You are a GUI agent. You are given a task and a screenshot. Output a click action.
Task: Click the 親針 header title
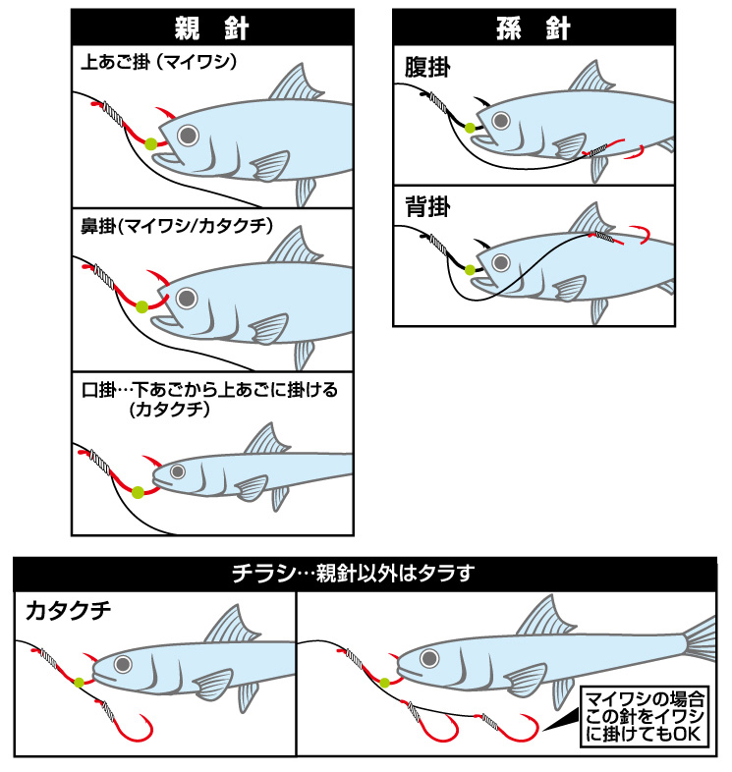[x=212, y=28]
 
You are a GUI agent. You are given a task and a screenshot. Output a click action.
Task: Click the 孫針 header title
[x=534, y=28]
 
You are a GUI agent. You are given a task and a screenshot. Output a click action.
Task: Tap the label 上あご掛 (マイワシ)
[x=158, y=62]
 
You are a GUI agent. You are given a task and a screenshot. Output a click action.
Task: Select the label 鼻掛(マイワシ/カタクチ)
[x=177, y=226]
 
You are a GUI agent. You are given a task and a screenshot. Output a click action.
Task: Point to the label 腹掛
[x=427, y=68]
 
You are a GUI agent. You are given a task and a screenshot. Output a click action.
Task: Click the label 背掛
[x=427, y=206]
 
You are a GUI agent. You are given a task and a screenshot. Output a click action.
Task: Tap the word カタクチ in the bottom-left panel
[x=69, y=611]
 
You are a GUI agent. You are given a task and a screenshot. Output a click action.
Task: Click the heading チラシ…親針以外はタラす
[x=353, y=573]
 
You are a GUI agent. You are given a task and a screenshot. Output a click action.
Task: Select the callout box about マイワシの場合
[x=645, y=716]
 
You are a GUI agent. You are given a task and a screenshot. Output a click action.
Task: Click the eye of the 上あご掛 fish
[x=189, y=135]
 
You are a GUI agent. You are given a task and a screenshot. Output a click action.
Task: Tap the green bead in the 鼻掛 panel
[x=141, y=306]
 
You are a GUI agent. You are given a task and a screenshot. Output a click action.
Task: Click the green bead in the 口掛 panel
[x=138, y=492]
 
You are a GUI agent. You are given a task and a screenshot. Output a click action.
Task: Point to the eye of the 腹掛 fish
[x=501, y=120]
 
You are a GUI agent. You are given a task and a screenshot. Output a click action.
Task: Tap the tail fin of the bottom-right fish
[x=700, y=638]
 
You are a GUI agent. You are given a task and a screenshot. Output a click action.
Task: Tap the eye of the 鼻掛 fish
[x=187, y=299]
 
